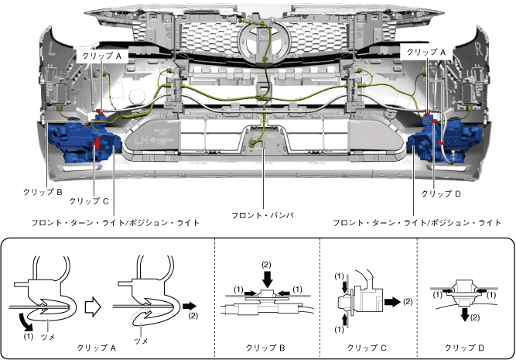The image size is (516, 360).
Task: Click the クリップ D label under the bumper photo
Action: (x=442, y=190)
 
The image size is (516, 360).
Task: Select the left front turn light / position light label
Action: (x=115, y=223)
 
